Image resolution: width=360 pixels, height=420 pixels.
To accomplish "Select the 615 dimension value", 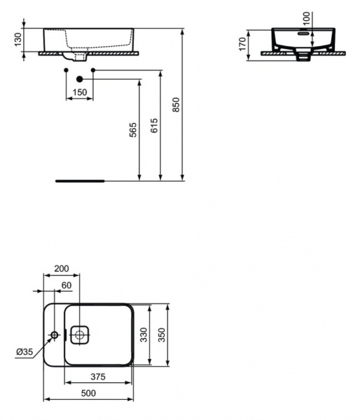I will coord(155,125).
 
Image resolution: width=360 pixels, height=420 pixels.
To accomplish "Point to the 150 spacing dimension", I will coord(80,92).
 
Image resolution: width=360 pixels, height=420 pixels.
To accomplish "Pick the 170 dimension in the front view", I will coord(242,45).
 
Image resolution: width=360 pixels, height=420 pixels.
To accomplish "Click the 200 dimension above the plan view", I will coord(61,269).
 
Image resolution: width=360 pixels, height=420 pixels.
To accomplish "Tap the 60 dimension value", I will coord(67,285).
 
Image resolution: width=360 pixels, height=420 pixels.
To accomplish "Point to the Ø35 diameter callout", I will coord(24,351).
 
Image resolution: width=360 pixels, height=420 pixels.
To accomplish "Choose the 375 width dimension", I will coord(98,377).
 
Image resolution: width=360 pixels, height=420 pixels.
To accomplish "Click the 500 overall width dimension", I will coord(88,393).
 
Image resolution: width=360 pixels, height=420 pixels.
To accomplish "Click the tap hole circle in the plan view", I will coord(53,336).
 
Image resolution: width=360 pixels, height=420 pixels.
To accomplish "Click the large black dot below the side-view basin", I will coord(80,78).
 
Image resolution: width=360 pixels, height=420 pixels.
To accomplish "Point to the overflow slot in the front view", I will coord(303,32).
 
